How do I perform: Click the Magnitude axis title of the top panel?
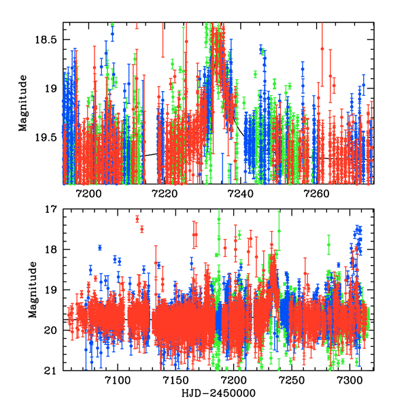click(23, 103)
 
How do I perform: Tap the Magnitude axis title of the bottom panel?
click(31, 290)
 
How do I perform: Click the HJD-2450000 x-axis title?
click(218, 394)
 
